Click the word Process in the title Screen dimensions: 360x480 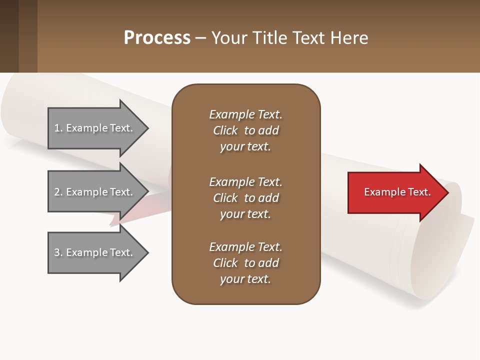pos(157,37)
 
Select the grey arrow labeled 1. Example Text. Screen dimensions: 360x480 pos(95,128)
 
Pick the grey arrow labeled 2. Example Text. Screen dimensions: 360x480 pos(95,192)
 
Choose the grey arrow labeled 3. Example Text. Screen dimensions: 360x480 pos(95,252)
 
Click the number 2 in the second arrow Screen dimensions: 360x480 pos(57,192)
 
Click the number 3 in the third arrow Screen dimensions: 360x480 pos(57,252)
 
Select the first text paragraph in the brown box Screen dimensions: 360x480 pos(245,130)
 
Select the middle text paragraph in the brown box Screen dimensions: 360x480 pos(245,198)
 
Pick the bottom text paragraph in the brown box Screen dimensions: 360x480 pos(245,263)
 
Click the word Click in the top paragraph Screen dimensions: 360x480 pos(225,130)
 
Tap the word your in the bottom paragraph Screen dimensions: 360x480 pos(231,279)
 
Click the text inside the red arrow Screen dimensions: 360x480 pos(397,192)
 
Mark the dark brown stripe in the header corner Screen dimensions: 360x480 pos(9,36)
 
